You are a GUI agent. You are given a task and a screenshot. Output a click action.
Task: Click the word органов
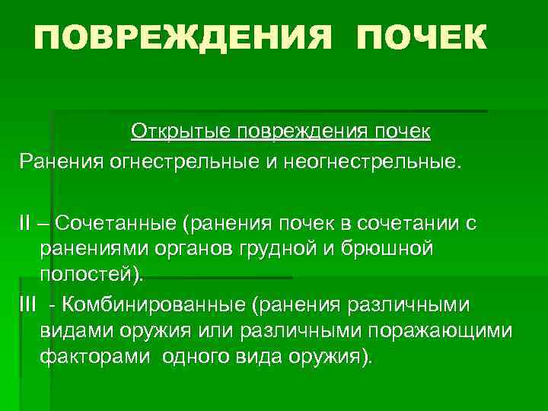(x=187, y=249)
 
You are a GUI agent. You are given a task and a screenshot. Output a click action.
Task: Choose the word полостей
(x=83, y=274)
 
